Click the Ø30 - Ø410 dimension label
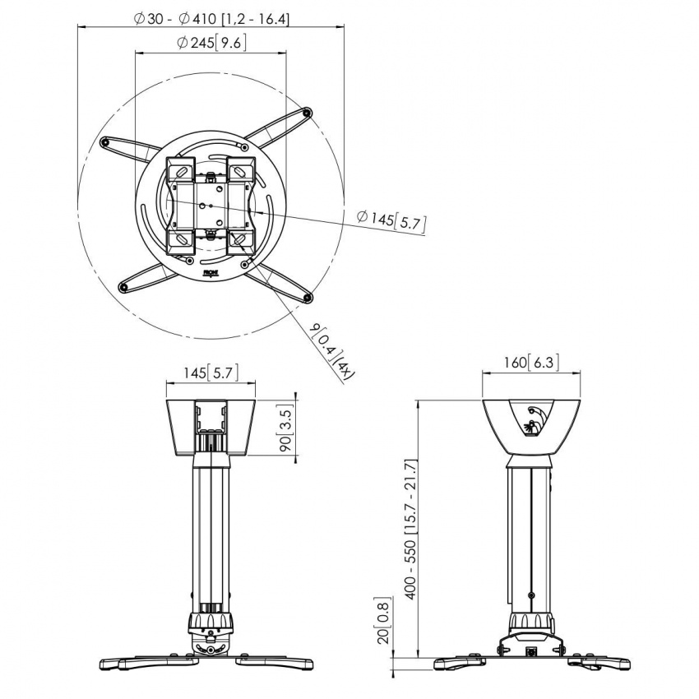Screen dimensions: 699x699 pos(211,18)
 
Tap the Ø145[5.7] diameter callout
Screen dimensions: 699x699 pos(391,220)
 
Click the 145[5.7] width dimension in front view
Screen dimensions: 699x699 pos(210,373)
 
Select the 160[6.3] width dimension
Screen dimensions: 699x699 pos(531,363)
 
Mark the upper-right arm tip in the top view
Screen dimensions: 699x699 pos(307,113)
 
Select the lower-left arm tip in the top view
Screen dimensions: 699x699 pos(123,287)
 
